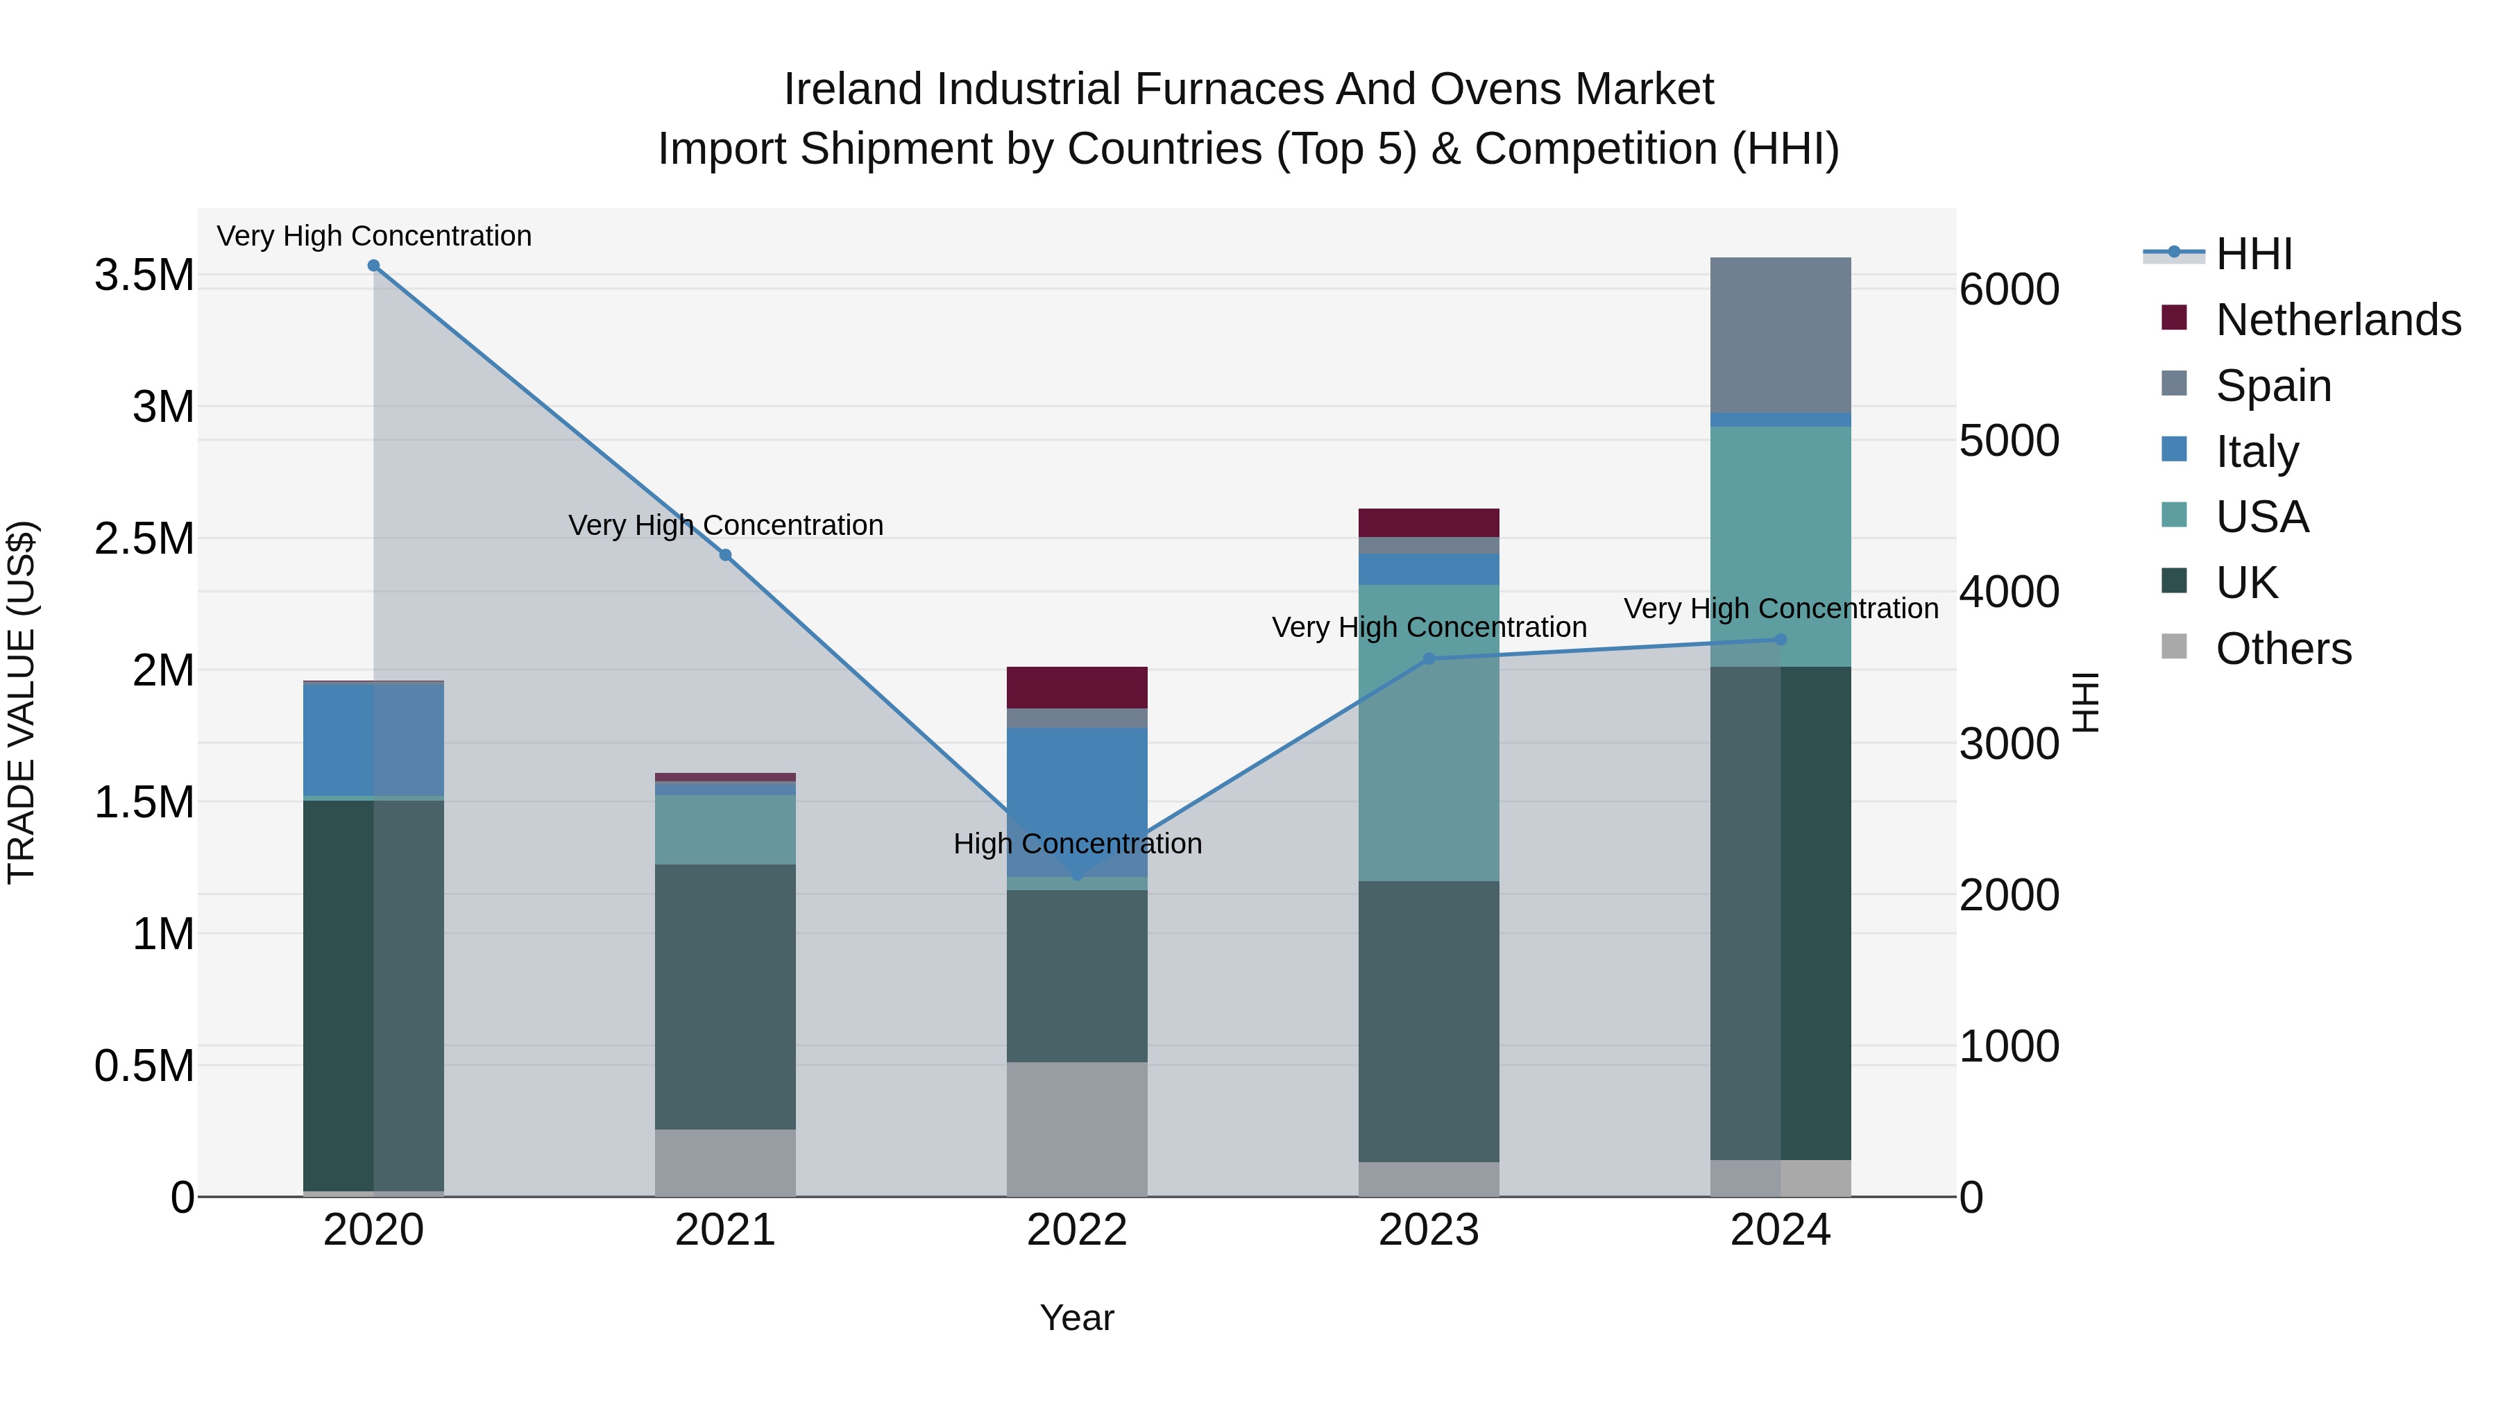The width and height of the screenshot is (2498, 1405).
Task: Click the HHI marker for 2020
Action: [x=373, y=266]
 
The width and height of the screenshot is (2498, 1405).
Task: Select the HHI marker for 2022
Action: [x=1076, y=875]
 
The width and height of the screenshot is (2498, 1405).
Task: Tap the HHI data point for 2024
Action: [x=1781, y=640]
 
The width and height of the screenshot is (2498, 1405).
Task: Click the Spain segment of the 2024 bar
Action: [x=1781, y=334]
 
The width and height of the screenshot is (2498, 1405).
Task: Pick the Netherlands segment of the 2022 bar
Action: [x=1076, y=688]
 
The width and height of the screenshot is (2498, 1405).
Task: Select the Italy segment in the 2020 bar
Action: [x=373, y=739]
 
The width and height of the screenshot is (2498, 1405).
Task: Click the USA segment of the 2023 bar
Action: [x=1429, y=732]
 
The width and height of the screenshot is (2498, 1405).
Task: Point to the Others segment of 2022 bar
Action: [x=1076, y=1129]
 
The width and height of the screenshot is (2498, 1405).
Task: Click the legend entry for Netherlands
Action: [x=2338, y=320]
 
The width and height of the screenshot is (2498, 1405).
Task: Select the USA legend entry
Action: [x=2261, y=517]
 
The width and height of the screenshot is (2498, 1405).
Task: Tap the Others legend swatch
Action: [x=2174, y=647]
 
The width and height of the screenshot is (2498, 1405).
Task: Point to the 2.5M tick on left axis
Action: [x=144, y=539]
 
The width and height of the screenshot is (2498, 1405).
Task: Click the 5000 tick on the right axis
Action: [x=2010, y=441]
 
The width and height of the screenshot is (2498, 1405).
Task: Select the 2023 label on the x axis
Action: [x=1429, y=1230]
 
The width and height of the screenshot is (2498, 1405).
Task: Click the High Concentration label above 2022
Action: [x=1076, y=844]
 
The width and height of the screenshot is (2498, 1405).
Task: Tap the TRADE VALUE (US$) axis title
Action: [x=22, y=702]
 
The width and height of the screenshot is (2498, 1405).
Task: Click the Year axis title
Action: [x=1076, y=1318]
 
